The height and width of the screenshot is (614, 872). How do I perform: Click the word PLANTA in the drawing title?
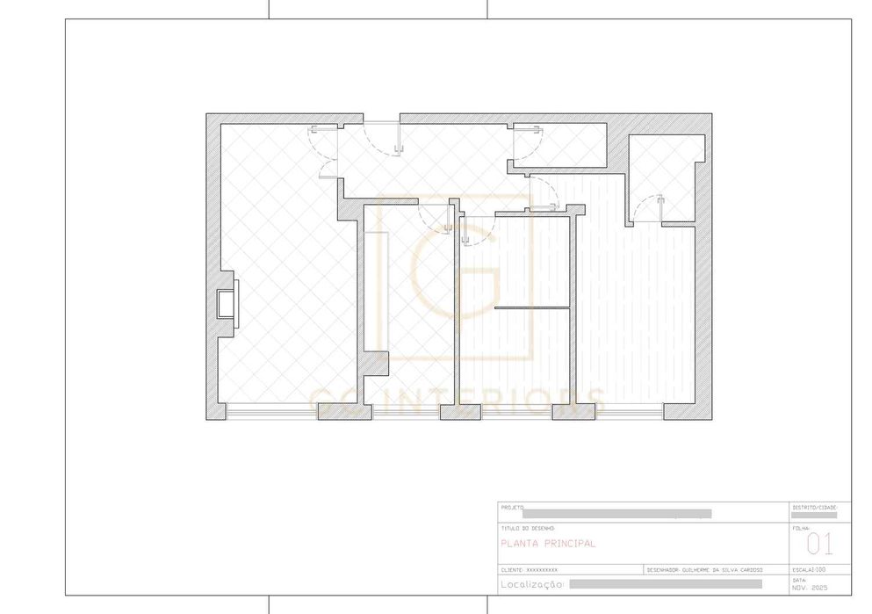pos(518,544)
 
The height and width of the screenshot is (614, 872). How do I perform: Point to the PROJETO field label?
pos(512,508)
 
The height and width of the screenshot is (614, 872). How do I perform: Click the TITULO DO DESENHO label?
pos(528,528)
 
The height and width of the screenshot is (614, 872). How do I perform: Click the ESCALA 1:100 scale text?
pos(809,569)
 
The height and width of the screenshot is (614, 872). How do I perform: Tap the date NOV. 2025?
pos(810,587)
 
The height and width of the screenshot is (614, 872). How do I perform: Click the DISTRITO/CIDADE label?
pos(816,508)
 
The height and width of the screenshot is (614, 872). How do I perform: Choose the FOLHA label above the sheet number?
pos(801,529)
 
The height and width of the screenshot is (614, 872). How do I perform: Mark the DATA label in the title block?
pos(799,580)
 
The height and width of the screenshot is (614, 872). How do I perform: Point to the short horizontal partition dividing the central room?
pos(533,307)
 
